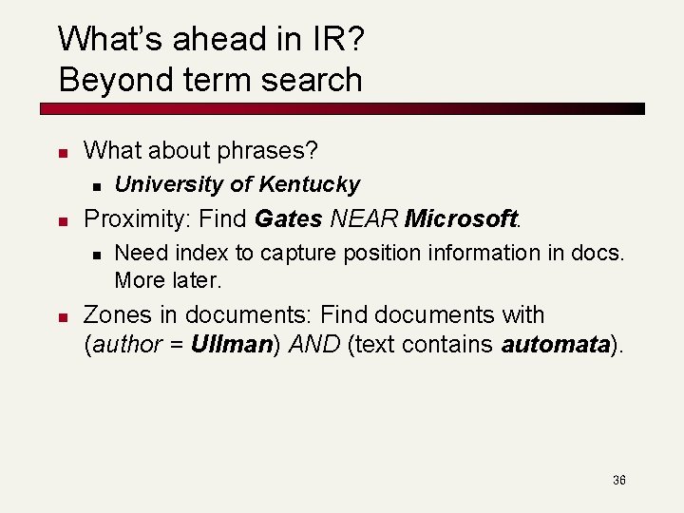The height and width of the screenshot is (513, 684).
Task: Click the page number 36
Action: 618,481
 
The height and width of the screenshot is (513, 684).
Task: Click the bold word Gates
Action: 289,218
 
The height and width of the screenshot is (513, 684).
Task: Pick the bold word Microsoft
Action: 460,218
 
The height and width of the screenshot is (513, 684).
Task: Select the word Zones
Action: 119,314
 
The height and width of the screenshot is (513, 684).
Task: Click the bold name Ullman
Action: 231,344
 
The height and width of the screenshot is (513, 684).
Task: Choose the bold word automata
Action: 555,344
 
